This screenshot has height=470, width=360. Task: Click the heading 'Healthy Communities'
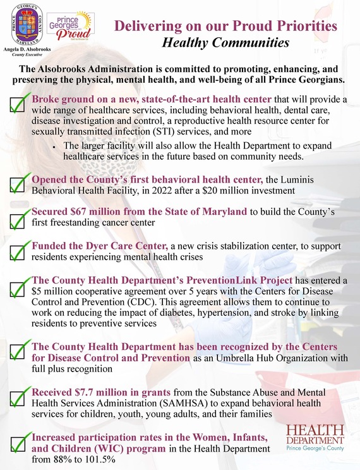click(x=225, y=44)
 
